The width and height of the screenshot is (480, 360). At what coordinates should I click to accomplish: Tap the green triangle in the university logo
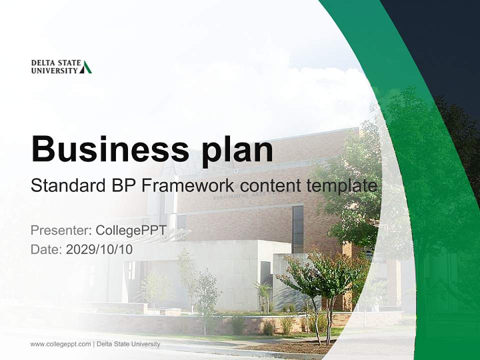click(x=86, y=67)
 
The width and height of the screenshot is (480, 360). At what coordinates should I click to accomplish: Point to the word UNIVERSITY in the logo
click(x=54, y=70)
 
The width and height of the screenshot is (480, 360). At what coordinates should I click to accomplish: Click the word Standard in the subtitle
click(x=65, y=185)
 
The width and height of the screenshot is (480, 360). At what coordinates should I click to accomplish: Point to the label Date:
click(x=46, y=249)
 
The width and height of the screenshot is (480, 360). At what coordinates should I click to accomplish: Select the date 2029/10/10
click(x=99, y=249)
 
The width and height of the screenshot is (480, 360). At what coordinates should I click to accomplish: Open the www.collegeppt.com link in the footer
click(x=60, y=344)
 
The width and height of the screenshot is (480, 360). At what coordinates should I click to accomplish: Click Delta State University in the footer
click(x=128, y=344)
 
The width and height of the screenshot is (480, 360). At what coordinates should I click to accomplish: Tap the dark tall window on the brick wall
click(x=297, y=229)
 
